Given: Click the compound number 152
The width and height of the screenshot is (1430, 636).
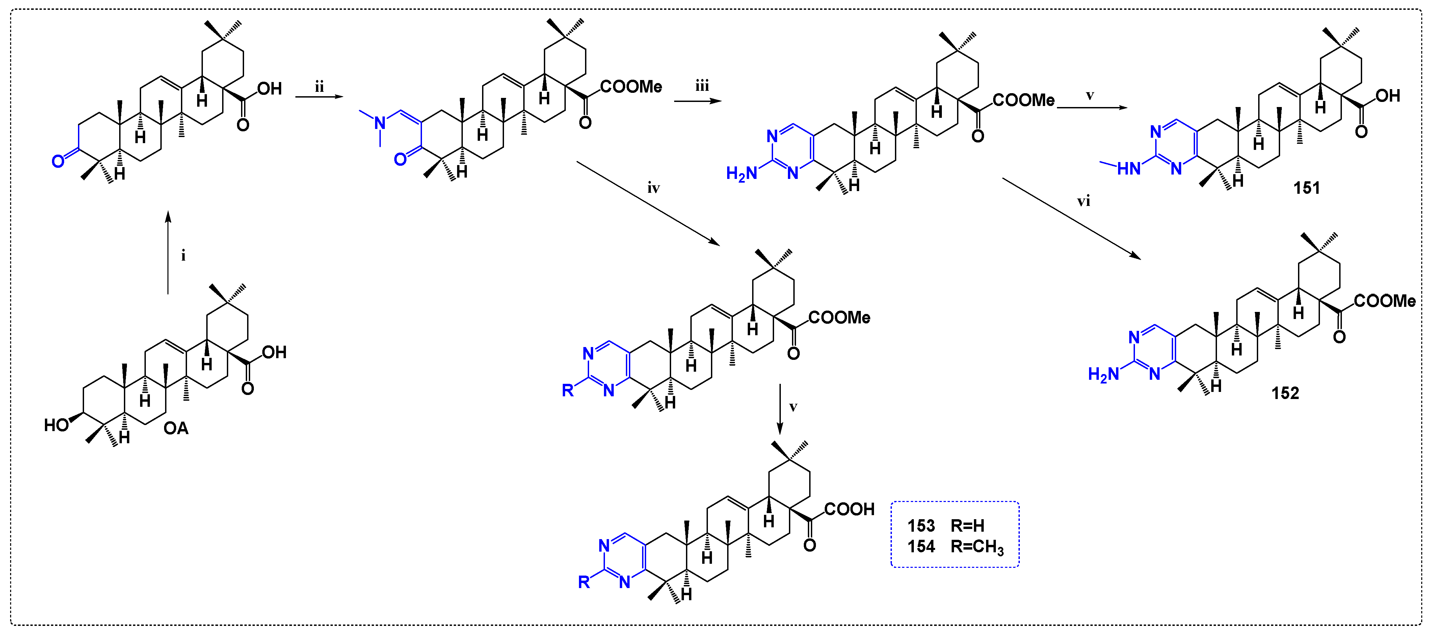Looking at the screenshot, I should (x=1285, y=394).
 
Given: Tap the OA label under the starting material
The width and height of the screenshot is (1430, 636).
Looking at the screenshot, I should (x=176, y=428).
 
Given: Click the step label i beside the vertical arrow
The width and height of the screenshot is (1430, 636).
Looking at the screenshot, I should (x=183, y=256).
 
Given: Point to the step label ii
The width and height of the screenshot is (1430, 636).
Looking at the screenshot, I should (x=319, y=87).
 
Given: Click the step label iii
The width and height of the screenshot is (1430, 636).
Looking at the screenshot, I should (x=702, y=86).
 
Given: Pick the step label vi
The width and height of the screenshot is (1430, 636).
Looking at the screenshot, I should (x=1084, y=202).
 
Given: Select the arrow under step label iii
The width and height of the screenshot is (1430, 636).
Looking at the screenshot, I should (x=698, y=102).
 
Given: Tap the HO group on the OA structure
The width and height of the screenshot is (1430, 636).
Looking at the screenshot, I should (x=56, y=425).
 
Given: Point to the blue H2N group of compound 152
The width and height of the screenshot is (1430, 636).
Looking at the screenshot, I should (x=1103, y=375).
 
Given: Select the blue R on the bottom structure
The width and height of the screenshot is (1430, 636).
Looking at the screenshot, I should (x=583, y=582).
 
